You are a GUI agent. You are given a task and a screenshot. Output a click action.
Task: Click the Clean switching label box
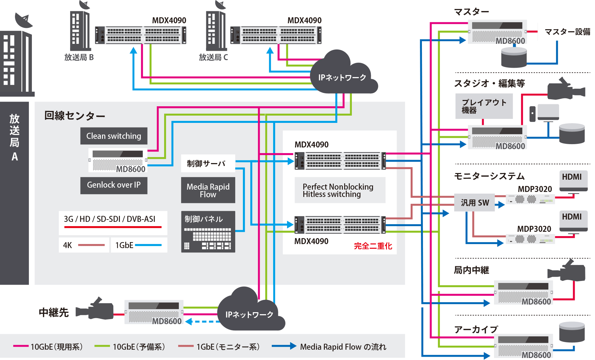114,136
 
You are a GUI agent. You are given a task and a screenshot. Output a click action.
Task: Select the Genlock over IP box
114,185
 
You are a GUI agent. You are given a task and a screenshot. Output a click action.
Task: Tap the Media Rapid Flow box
208,190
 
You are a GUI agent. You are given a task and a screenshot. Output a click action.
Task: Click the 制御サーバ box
208,163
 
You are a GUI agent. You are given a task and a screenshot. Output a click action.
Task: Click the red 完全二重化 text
373,246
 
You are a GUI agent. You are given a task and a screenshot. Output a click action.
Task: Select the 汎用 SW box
474,203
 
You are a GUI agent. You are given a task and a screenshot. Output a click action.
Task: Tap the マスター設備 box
567,32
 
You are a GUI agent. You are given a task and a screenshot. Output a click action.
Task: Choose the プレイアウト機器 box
484,106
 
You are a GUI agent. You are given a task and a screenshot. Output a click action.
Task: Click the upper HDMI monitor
573,181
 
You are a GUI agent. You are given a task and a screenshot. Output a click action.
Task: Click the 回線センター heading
75,116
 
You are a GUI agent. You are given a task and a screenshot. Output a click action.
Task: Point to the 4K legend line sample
91,245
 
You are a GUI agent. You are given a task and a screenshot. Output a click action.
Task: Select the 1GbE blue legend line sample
148,245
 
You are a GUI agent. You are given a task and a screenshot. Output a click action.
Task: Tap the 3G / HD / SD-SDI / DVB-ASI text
110,219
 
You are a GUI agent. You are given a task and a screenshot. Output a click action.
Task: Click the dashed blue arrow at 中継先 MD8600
201,321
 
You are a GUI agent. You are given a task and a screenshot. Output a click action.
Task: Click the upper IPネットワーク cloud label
342,77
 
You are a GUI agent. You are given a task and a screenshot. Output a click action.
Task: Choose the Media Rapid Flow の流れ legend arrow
284,346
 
